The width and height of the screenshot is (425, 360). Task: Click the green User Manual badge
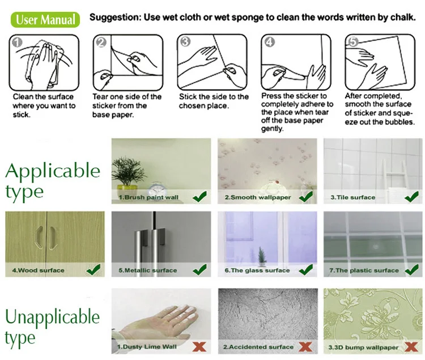point(45,19)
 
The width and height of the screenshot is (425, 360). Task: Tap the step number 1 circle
point(17,43)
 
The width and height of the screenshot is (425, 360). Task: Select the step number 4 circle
point(270,42)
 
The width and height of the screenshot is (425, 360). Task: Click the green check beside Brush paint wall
point(200,196)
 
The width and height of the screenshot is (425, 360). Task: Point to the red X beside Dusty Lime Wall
point(199,346)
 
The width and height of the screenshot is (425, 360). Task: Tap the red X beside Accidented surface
point(305,346)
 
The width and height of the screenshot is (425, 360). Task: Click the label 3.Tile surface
point(353,197)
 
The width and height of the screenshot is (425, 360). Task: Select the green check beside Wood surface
point(93,270)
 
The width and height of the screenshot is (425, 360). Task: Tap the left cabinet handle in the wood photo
point(39,236)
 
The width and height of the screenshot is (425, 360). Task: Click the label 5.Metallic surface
point(148,270)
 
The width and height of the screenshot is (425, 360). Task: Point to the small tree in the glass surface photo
point(261,256)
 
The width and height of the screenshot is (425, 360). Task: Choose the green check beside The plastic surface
point(411,270)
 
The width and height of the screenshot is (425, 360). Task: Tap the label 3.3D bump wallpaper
point(363,348)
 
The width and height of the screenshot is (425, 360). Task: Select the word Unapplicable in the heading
point(52,316)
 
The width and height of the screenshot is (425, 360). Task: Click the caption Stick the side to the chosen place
point(214,101)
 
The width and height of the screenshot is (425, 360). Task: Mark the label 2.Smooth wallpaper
point(258,197)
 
